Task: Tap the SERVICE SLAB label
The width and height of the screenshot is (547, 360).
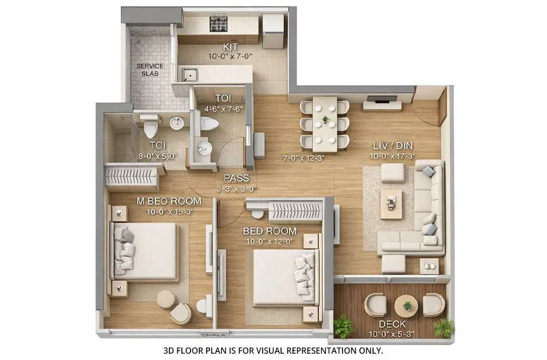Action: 150,70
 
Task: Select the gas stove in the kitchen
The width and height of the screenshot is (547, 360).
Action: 218,24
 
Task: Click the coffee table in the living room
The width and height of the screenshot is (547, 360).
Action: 392,203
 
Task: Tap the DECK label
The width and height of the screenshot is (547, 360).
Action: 392,324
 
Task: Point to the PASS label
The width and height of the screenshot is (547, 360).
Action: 237,178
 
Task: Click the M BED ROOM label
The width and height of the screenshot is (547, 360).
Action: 169,201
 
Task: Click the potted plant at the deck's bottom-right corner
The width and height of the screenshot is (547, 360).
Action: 443,328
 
